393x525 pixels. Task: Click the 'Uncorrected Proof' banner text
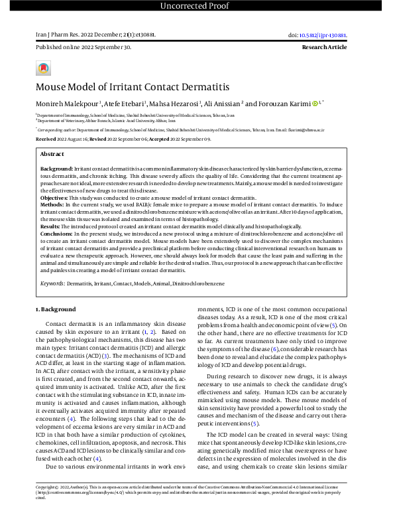click(x=196, y=7)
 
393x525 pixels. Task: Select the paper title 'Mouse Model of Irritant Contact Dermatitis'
click(x=132, y=87)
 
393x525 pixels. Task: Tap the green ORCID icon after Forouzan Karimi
click(x=315, y=104)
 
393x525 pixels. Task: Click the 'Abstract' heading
click(x=53, y=154)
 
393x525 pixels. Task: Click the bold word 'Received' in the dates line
click(x=46, y=140)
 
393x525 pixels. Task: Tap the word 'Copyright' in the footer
click(x=48, y=506)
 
